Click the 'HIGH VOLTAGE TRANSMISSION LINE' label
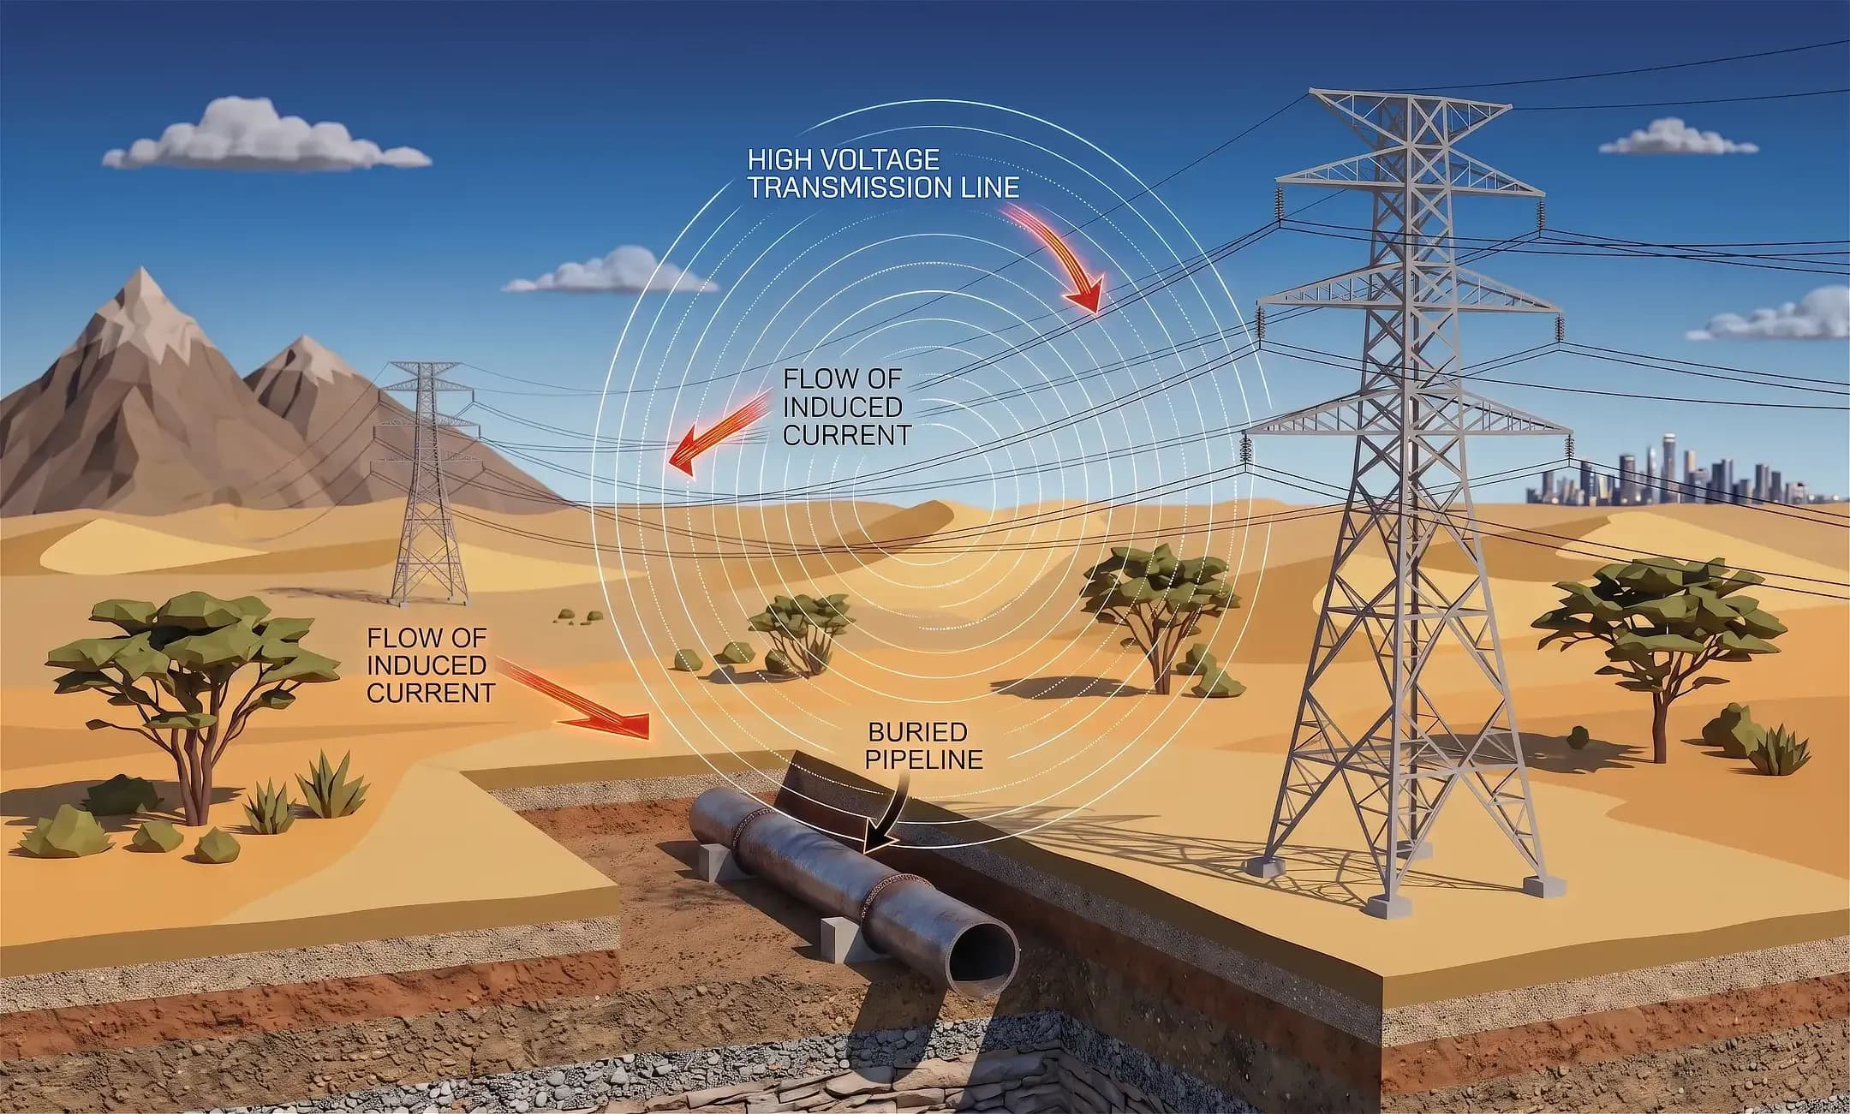coord(883,174)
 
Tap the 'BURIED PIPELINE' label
coord(925,745)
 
